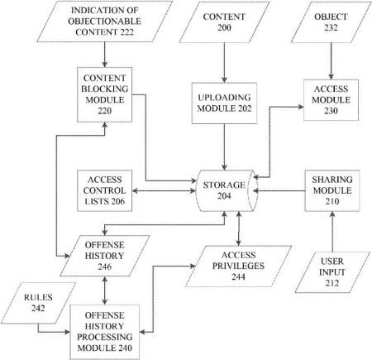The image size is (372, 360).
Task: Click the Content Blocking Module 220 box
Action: [104, 94]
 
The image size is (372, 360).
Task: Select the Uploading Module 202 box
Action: [224, 103]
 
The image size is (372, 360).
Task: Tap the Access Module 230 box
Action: [331, 100]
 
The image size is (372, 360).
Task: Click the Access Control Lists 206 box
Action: [104, 190]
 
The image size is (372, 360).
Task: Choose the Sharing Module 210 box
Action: [332, 190]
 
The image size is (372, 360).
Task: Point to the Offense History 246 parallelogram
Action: [105, 256]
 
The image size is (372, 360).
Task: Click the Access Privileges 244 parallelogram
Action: [238, 266]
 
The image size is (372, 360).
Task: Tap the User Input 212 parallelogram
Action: [332, 272]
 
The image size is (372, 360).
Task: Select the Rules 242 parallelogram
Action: [38, 303]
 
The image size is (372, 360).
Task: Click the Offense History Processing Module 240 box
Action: [104, 332]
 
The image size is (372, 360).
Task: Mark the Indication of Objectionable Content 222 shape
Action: [105, 22]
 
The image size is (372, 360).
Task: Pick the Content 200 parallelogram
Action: [224, 22]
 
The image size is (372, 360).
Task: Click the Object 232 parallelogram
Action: [331, 22]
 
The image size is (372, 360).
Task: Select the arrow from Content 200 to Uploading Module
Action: [224, 63]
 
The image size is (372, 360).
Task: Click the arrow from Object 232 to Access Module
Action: [331, 61]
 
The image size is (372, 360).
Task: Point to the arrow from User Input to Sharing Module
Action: [332, 232]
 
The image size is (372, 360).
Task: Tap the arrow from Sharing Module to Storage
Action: [279, 190]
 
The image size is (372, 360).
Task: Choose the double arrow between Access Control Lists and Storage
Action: [164, 190]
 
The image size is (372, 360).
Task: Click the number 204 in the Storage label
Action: [224, 196]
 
